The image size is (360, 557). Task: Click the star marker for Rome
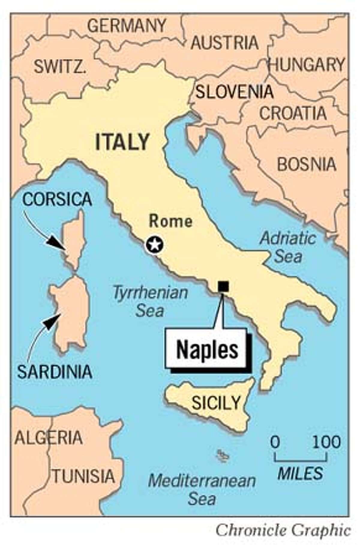click(154, 245)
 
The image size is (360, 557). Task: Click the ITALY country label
click(122, 142)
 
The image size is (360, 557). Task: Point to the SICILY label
click(216, 402)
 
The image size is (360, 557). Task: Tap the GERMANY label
click(127, 26)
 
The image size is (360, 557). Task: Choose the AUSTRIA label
click(225, 43)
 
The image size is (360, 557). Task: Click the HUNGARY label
click(307, 64)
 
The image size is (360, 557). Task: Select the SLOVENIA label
click(234, 92)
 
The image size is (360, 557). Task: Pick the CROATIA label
click(293, 113)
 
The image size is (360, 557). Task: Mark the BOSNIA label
click(307, 164)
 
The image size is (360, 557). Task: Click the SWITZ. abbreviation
click(60, 66)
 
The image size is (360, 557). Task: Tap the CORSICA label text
click(57, 199)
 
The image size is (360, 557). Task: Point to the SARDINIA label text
click(54, 372)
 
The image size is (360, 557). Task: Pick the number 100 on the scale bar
click(326, 442)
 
